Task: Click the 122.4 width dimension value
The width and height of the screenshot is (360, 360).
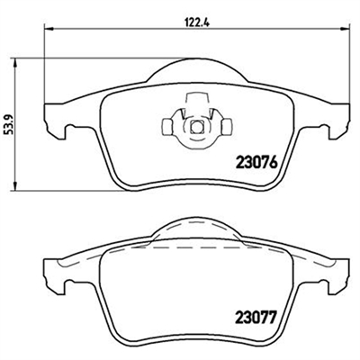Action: click(x=196, y=22)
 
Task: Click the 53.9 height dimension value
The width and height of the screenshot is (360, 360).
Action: click(x=8, y=123)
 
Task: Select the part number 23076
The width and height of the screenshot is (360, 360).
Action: click(x=256, y=163)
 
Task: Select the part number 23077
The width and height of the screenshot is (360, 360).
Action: click(x=256, y=318)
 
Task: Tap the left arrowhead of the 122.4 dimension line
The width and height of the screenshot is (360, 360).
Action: click(x=49, y=29)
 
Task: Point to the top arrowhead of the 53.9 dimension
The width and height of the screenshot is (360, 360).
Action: click(x=15, y=63)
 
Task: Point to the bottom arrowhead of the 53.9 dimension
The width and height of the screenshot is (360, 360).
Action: click(x=15, y=186)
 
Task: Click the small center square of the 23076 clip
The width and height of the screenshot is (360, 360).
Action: click(x=197, y=126)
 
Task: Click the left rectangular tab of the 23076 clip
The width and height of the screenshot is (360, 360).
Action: click(x=166, y=126)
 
